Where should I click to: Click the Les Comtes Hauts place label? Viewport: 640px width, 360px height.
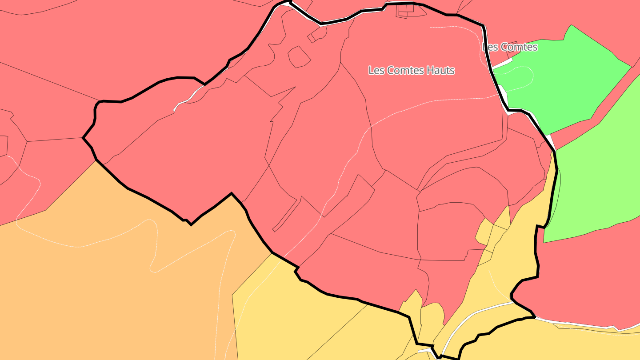click(412, 70)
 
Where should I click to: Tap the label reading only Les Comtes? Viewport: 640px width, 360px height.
click(510, 47)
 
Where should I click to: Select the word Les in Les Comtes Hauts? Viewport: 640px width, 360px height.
click(376, 70)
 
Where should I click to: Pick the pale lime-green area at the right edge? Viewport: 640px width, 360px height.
click(596, 178)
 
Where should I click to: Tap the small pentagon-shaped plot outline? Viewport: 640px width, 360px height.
click(299, 57)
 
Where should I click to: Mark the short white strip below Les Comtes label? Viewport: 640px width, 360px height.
click(502, 64)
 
